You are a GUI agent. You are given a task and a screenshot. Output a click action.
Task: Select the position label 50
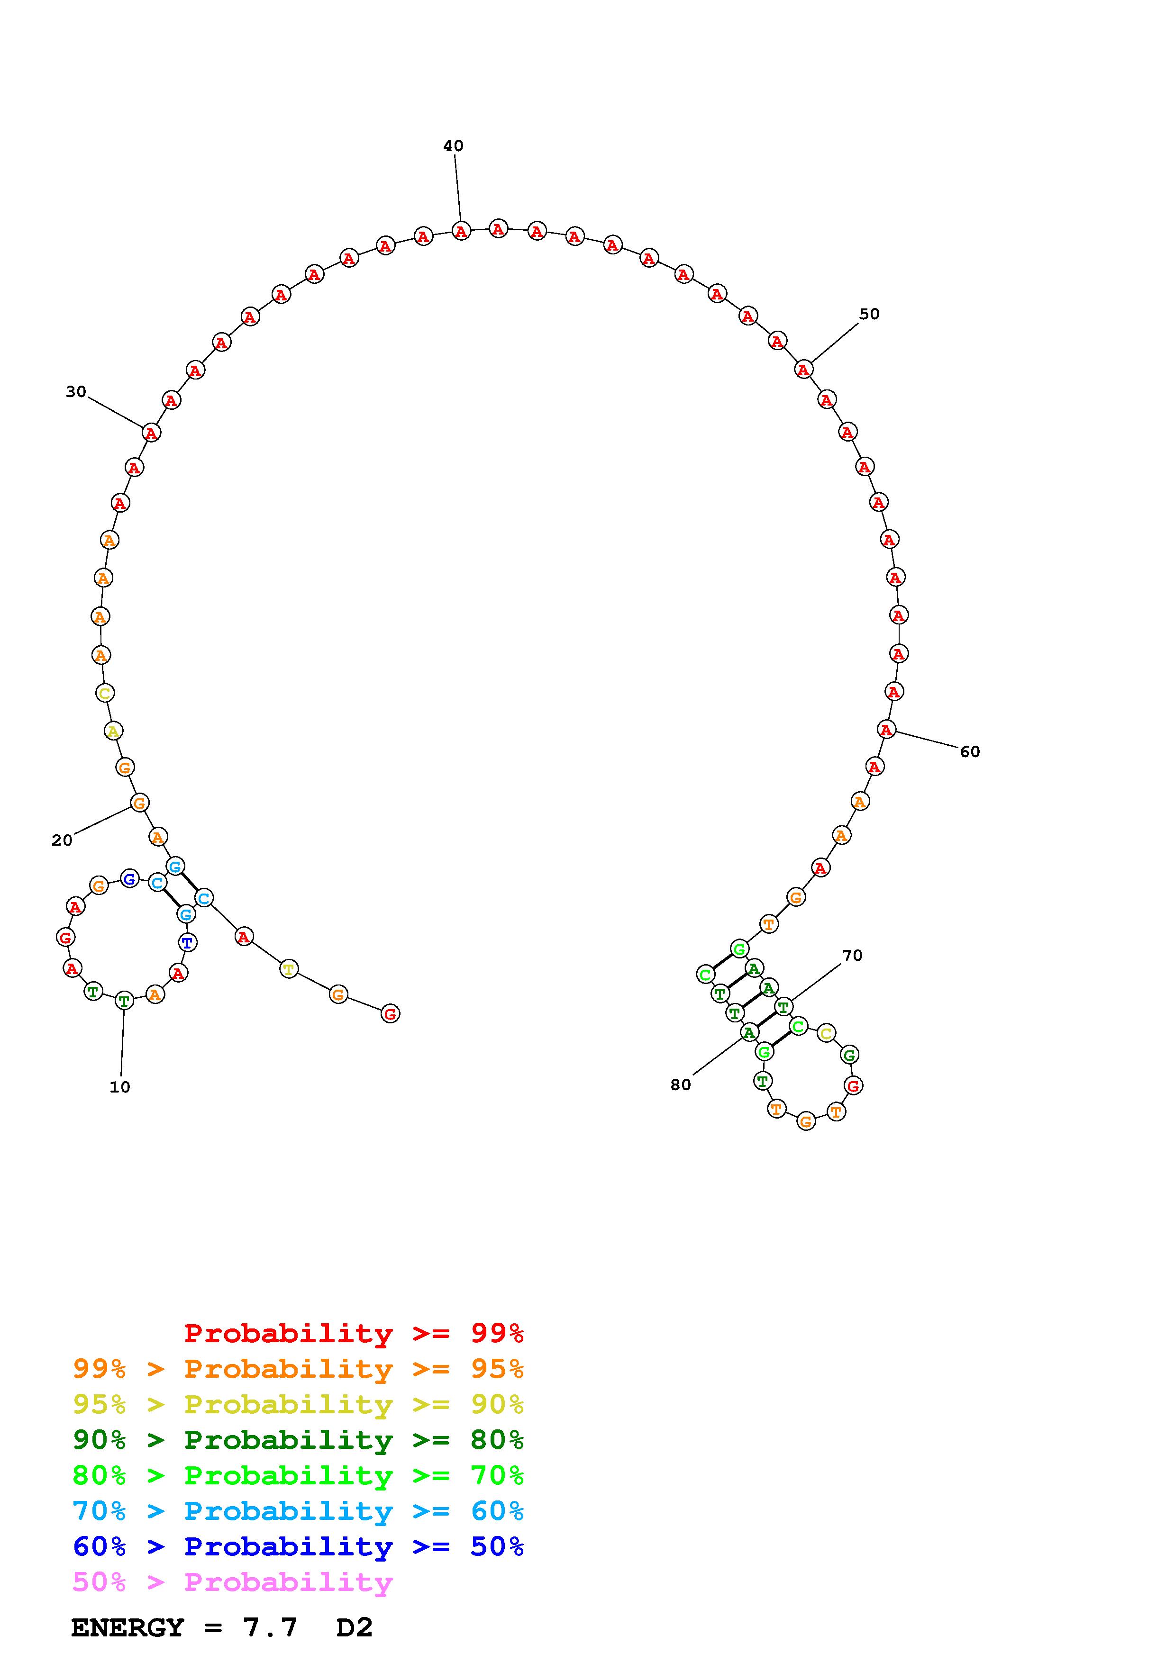click(x=869, y=314)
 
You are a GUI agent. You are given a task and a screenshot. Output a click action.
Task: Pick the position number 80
click(x=681, y=1084)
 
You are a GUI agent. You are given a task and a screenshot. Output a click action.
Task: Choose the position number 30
click(x=76, y=392)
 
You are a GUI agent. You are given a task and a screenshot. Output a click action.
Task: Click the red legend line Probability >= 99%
click(x=354, y=1333)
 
